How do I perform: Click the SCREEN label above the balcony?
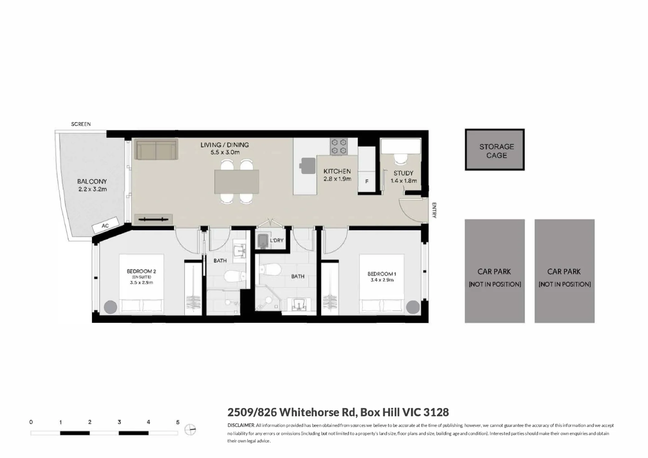coord(81,124)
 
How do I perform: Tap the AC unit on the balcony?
coord(105,225)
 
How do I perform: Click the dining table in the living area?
coord(237,182)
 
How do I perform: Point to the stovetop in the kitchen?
coord(339,147)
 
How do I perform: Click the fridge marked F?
coord(367,181)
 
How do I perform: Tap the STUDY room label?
coord(403,173)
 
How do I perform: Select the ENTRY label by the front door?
coord(434,210)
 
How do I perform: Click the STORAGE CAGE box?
coord(495,150)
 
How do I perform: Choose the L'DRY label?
coord(277,240)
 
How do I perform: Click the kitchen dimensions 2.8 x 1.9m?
coord(337,179)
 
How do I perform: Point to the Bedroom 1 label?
coord(382,274)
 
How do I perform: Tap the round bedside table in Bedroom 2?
coord(110,307)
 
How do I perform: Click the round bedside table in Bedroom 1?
coord(413,307)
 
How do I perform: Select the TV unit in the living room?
coord(154,220)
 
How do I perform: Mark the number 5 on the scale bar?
coord(178,422)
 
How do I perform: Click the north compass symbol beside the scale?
coord(190,430)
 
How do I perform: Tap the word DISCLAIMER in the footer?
coord(241,425)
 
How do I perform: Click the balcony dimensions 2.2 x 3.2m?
coord(93,189)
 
